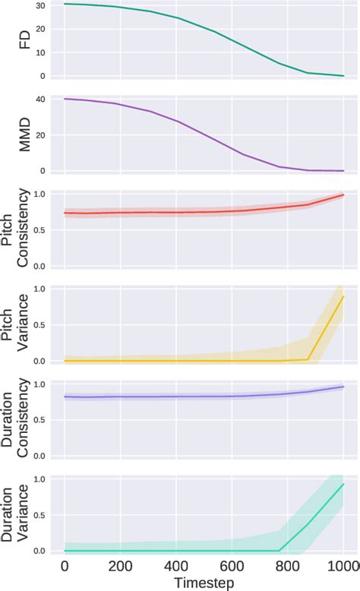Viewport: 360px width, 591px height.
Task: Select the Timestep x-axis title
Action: tap(204, 581)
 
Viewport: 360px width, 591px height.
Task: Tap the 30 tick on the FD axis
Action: tap(40, 5)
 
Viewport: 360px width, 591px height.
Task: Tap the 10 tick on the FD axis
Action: tap(40, 52)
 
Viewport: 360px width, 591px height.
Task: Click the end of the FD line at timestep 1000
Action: tap(343, 76)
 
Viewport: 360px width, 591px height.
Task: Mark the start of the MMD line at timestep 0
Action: tap(65, 99)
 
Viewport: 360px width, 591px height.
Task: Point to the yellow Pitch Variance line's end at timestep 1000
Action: tap(343, 296)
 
